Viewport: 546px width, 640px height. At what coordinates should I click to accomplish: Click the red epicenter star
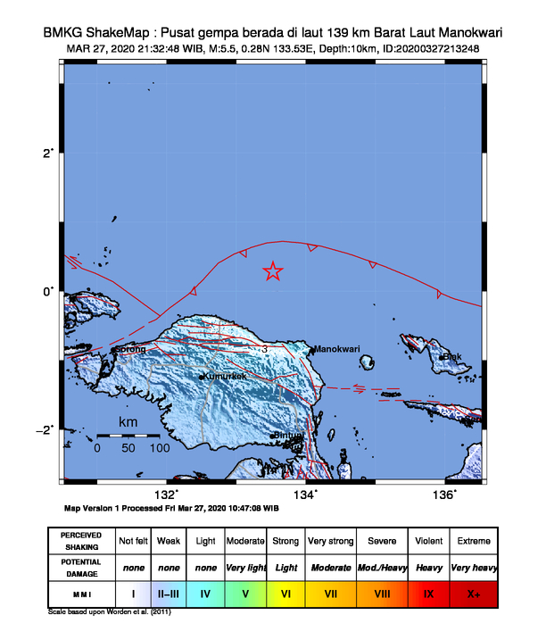click(273, 271)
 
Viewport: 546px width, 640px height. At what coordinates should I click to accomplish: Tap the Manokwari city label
click(338, 349)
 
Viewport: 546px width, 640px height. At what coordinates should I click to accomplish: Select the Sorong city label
click(131, 349)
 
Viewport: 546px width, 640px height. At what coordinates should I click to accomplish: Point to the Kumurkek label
click(224, 377)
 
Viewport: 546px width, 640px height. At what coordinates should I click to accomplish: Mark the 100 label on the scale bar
click(159, 448)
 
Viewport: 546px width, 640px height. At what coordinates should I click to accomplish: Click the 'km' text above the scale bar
click(128, 420)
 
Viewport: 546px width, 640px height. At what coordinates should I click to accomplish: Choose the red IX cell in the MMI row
click(428, 592)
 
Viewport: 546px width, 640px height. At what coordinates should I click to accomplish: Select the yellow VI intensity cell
click(286, 592)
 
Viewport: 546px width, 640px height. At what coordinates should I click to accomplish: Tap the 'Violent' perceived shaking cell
click(428, 541)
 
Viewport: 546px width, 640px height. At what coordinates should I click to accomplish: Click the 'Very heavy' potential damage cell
click(473, 567)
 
